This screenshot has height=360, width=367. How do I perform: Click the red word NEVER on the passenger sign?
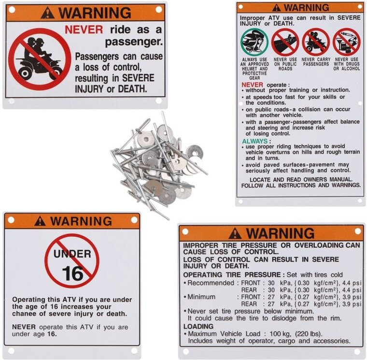pyautogui.click(x=84, y=30)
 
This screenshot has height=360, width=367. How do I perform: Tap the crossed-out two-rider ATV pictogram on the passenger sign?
pyautogui.click(x=40, y=59)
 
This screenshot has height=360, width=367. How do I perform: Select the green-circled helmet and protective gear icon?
pyautogui.click(x=254, y=43)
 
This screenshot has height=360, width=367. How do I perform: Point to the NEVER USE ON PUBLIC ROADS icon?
pyautogui.click(x=285, y=43)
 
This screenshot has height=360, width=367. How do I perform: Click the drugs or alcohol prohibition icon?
pyautogui.click(x=347, y=43)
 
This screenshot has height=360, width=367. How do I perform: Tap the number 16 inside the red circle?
pyautogui.click(x=72, y=274)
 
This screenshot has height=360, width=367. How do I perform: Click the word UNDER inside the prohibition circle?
pyautogui.click(x=72, y=254)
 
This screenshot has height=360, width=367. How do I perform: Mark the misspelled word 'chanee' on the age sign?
pyautogui.click(x=23, y=314)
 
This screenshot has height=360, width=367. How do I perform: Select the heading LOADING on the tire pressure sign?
pyautogui.click(x=198, y=326)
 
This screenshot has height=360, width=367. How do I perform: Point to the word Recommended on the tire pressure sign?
pyautogui.click(x=211, y=283)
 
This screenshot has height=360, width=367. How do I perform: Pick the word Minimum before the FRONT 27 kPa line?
pyautogui.click(x=201, y=297)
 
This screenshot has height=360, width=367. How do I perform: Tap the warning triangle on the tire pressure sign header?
pyautogui.click(x=235, y=233)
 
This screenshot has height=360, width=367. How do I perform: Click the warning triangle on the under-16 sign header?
pyautogui.click(x=40, y=221)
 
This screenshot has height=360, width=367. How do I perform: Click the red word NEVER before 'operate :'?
pyautogui.click(x=252, y=85)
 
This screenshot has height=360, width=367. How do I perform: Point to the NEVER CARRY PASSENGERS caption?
pyautogui.click(x=316, y=62)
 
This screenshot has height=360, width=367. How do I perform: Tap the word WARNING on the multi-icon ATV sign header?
pyautogui.click(x=307, y=8)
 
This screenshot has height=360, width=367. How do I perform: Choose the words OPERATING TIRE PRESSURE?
pyautogui.click(x=232, y=275)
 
